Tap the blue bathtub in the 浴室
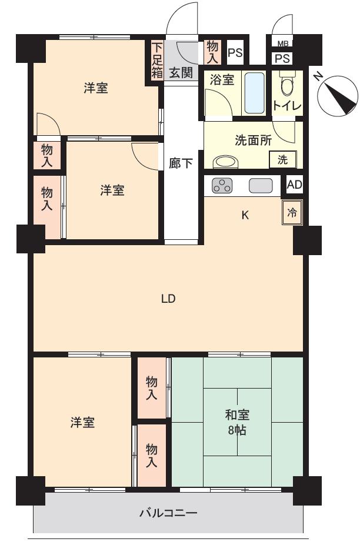click(x=255, y=93)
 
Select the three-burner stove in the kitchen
click(x=222, y=186)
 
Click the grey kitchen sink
click(x=261, y=186)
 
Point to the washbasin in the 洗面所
click(x=225, y=162)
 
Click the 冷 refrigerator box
click(x=292, y=213)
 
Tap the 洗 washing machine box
click(x=283, y=160)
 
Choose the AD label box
click(x=294, y=185)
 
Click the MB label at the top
click(x=283, y=44)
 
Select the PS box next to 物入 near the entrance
click(x=235, y=53)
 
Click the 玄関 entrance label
click(x=181, y=73)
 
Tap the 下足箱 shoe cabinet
click(x=156, y=60)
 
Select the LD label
click(x=168, y=298)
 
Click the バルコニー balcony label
click(x=168, y=512)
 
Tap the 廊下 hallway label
click(x=181, y=163)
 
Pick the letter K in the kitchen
click(x=245, y=215)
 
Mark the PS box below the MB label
click(x=282, y=58)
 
